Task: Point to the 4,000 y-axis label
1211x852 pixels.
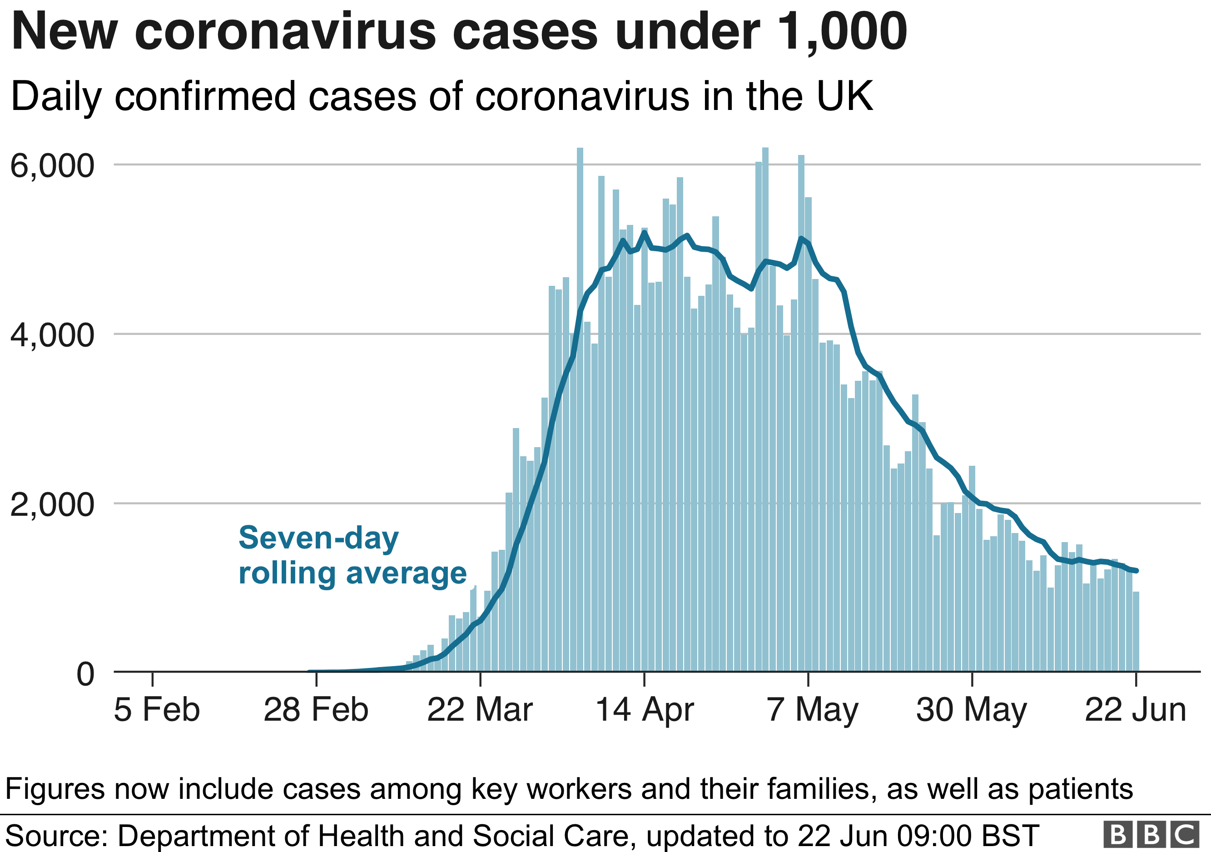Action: [52, 335]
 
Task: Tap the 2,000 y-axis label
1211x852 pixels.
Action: [52, 504]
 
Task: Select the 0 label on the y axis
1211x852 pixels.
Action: [85, 674]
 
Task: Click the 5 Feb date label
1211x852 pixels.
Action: [157, 710]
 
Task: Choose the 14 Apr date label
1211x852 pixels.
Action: [644, 710]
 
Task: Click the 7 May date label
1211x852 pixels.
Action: [812, 710]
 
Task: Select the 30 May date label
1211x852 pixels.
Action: [972, 710]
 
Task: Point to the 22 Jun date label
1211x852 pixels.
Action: [1135, 710]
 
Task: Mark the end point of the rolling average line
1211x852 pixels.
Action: [1137, 571]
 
